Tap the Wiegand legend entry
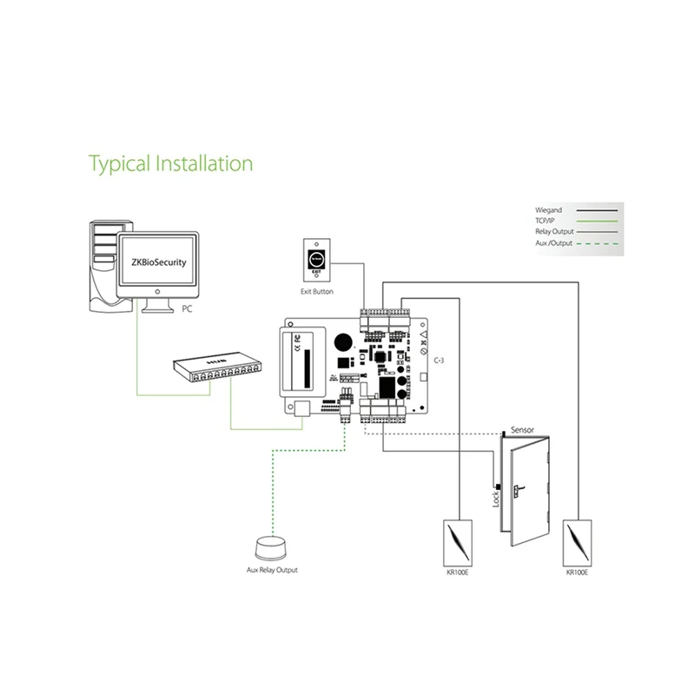tap(550, 210)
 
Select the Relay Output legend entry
tap(556, 233)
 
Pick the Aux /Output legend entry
tap(555, 244)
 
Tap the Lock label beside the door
tap(496, 500)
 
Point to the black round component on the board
tap(344, 341)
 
